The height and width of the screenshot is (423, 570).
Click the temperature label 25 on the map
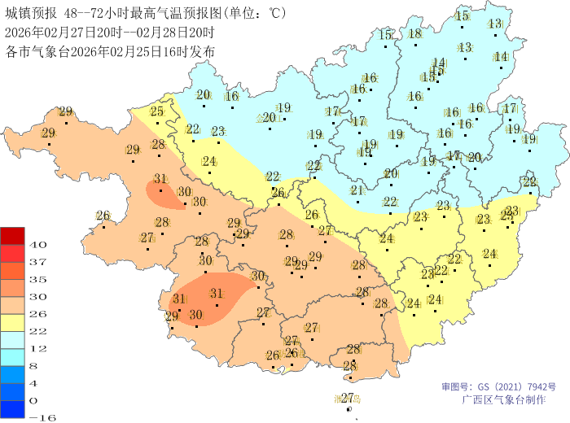[157, 112]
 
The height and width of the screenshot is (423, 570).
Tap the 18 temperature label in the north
[415, 33]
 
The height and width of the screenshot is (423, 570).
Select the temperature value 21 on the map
[356, 190]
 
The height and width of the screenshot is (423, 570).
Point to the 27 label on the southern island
[348, 398]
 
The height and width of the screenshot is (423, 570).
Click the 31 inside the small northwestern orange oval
[160, 179]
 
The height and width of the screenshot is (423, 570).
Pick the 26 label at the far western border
[103, 216]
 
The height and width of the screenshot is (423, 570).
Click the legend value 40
[37, 244]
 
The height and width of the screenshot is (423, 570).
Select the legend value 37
[37, 261]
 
